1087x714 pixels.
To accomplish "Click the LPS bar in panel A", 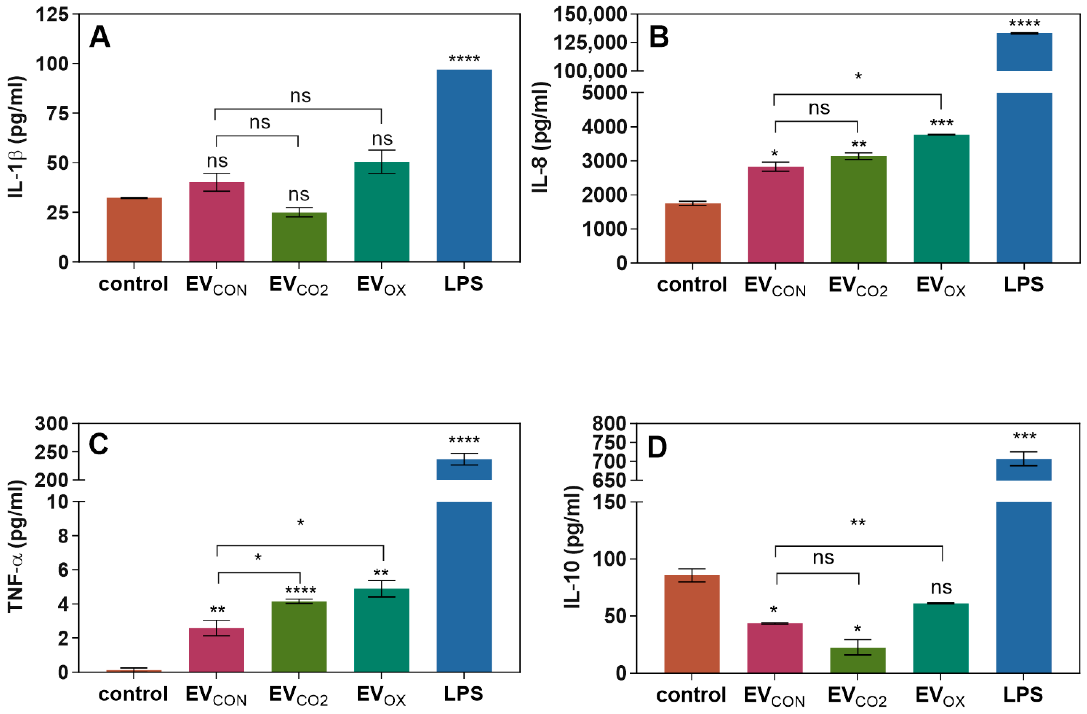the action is pyautogui.click(x=464, y=165).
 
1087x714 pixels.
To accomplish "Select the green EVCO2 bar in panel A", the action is pyautogui.click(x=299, y=237).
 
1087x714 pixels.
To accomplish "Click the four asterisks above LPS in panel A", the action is pyautogui.click(x=464, y=59).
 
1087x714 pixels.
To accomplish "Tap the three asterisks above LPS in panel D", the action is pyautogui.click(x=1025, y=436).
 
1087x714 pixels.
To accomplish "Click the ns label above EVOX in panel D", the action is pyautogui.click(x=941, y=587).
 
